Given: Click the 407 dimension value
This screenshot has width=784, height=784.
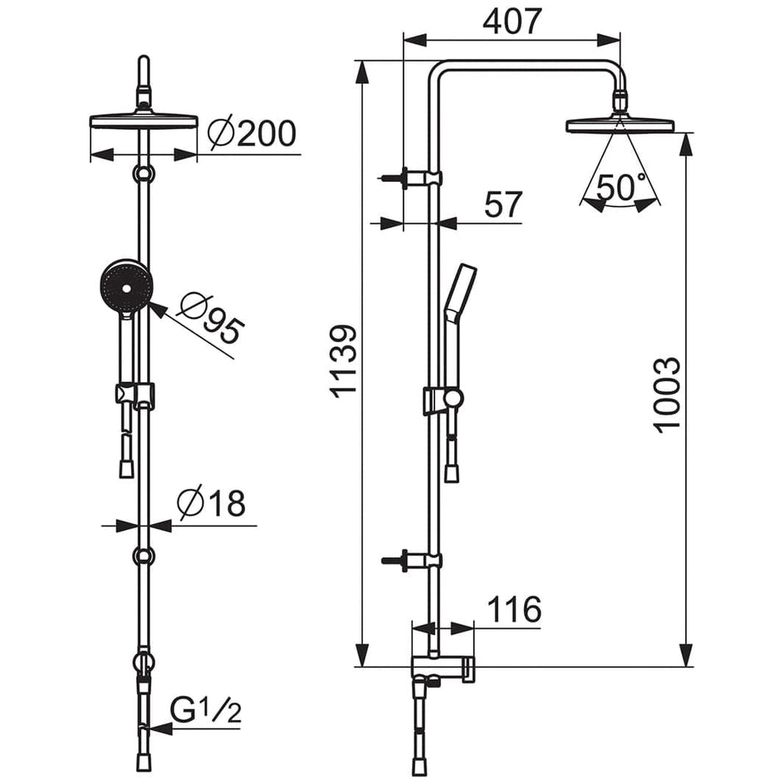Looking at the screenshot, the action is click(x=512, y=21).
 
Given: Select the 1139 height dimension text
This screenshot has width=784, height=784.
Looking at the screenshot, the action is click(x=344, y=361).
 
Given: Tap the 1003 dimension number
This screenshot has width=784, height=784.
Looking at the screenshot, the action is click(x=667, y=395).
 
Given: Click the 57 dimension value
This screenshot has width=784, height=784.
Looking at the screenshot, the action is click(x=503, y=204).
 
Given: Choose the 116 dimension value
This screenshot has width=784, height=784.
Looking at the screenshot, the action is click(x=515, y=610).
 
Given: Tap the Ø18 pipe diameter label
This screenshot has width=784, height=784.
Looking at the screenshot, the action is click(x=212, y=502).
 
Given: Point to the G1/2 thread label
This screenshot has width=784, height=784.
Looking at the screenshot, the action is click(x=206, y=711).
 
